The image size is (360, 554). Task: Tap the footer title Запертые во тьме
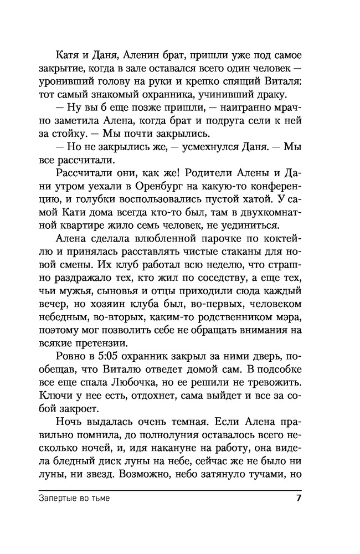pos(75,498)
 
